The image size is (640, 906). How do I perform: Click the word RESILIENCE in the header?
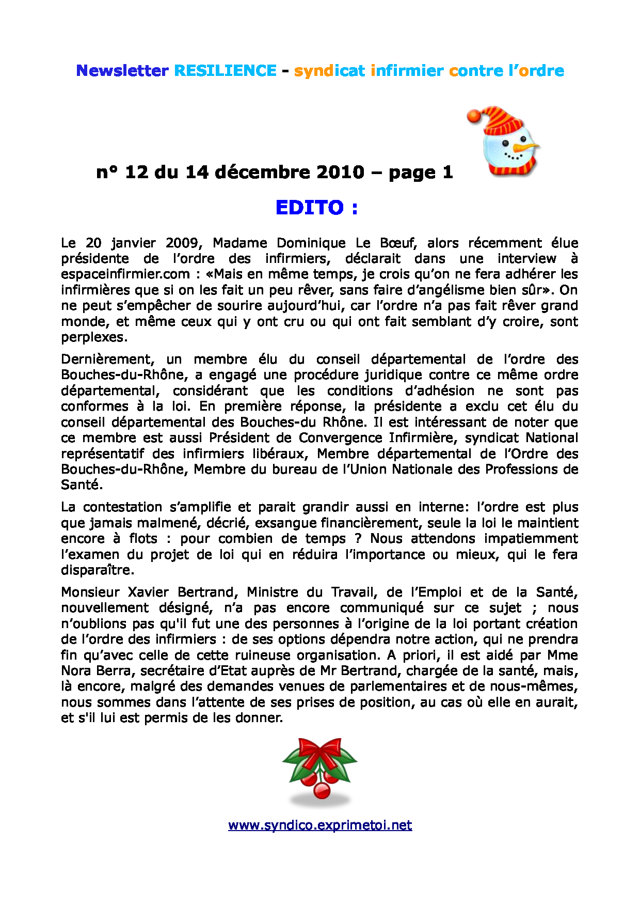[x=225, y=71]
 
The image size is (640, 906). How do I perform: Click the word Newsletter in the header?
[x=122, y=71]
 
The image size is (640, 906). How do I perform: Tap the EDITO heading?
[x=316, y=208]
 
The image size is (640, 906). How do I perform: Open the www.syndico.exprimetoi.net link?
[x=320, y=825]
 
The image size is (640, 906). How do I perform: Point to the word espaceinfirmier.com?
[x=125, y=274]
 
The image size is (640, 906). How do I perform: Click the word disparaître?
[x=97, y=570]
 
